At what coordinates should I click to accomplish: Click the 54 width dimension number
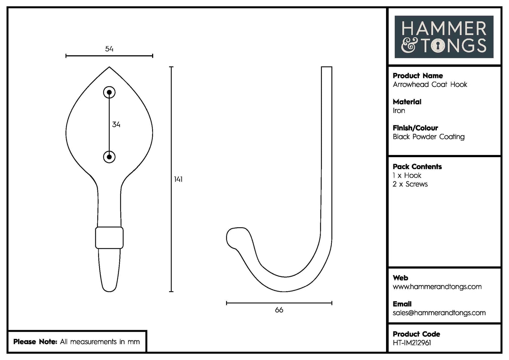pyautogui.click(x=109, y=49)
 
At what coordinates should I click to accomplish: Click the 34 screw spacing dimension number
pyautogui.click(x=116, y=124)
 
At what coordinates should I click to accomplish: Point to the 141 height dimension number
pyautogui.click(x=178, y=179)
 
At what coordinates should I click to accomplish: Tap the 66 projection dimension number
pyautogui.click(x=279, y=310)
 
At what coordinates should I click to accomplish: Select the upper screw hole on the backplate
pyautogui.click(x=109, y=93)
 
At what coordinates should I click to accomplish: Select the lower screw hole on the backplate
pyautogui.click(x=109, y=157)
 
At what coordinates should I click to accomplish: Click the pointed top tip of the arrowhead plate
pyautogui.click(x=109, y=68)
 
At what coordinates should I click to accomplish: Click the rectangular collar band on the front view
pyautogui.click(x=109, y=238)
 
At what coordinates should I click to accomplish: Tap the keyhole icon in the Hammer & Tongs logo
pyautogui.click(x=438, y=46)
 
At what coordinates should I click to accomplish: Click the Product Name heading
pyautogui.click(x=418, y=76)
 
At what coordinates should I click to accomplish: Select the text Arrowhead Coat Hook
pyautogui.click(x=430, y=85)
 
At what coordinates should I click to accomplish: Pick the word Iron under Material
pyautogui.click(x=399, y=111)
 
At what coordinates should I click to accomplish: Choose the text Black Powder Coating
pyautogui.click(x=429, y=137)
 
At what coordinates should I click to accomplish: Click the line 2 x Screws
pyautogui.click(x=410, y=184)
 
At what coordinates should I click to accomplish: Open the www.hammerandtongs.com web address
pyautogui.click(x=437, y=287)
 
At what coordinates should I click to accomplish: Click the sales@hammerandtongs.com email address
pyautogui.click(x=439, y=313)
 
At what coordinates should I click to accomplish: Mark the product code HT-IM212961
pyautogui.click(x=412, y=343)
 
